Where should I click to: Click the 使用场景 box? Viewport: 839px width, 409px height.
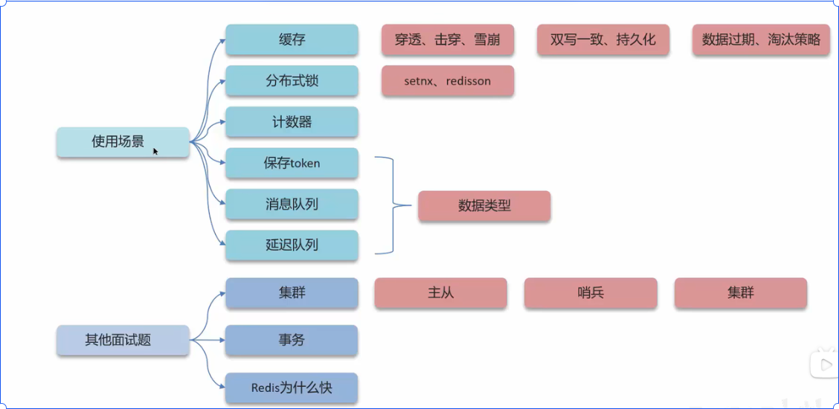coord(123,142)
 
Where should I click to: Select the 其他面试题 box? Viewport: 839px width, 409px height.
coord(123,340)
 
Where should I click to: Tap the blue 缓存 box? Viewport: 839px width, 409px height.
coord(292,40)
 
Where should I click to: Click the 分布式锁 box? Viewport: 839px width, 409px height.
coord(292,81)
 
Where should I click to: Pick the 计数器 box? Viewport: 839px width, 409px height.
coord(292,122)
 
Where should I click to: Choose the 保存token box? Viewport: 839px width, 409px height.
coord(292,163)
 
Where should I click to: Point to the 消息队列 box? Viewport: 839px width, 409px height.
coord(292,204)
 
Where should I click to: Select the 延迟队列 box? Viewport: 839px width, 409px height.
coord(292,245)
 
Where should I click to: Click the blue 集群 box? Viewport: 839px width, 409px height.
coord(292,293)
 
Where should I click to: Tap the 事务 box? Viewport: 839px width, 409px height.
coord(292,340)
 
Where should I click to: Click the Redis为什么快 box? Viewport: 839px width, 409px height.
coord(292,387)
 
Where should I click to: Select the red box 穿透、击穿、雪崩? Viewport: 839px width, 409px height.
coord(448,40)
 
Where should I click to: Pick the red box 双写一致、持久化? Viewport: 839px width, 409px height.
coord(603,40)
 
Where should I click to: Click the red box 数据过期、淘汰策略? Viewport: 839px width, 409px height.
coord(761,40)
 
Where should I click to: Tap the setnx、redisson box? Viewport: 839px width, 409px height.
coord(448,81)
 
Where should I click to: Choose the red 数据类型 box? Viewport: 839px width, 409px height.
coord(484,206)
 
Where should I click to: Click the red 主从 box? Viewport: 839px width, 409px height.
coord(440,293)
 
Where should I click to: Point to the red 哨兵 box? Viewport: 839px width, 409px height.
coord(591,293)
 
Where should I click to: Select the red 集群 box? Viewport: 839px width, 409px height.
coord(741,293)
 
